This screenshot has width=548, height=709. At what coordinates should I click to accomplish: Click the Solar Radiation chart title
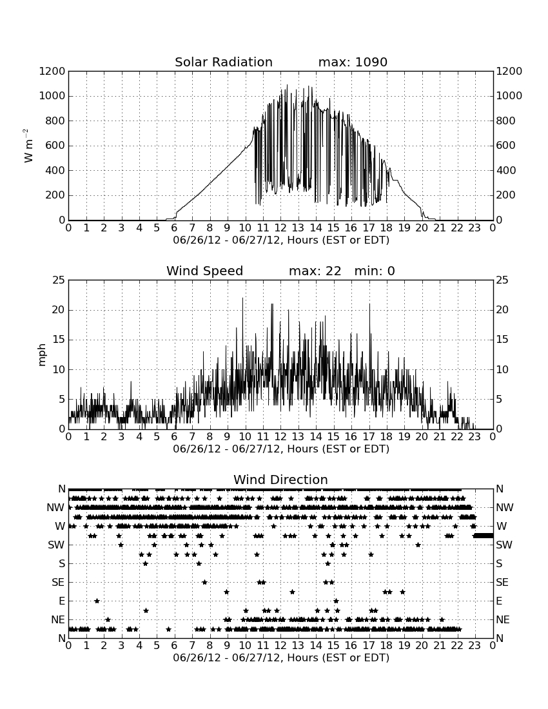point(223,62)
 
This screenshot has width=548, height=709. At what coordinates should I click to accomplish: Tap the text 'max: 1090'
point(353,62)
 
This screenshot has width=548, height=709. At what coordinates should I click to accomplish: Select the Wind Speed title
point(204,271)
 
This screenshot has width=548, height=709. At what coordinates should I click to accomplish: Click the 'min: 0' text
point(375,271)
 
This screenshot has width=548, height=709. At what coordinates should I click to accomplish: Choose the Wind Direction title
point(280,480)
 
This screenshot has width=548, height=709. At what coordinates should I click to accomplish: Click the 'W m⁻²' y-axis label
point(28,146)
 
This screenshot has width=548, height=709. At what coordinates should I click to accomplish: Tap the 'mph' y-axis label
point(42,355)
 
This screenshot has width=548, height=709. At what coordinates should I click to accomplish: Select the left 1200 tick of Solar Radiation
point(52,72)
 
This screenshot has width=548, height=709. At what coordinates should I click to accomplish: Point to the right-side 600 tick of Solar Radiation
point(506,146)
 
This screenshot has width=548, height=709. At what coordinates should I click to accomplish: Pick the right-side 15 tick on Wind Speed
point(502,340)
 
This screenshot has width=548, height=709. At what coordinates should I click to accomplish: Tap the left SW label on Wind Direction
point(56,545)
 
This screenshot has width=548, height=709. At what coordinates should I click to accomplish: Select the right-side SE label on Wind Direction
point(502,583)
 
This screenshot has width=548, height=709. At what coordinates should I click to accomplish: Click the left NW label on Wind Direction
point(55,508)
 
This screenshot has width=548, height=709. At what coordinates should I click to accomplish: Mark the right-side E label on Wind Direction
point(499,601)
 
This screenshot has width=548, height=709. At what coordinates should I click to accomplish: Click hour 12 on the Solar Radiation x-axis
point(280,228)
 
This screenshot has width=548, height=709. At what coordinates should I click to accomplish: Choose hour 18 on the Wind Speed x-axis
point(386,437)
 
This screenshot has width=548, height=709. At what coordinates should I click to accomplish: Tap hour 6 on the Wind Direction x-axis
point(175,645)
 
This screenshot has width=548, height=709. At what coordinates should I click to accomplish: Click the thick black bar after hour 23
point(483,536)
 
